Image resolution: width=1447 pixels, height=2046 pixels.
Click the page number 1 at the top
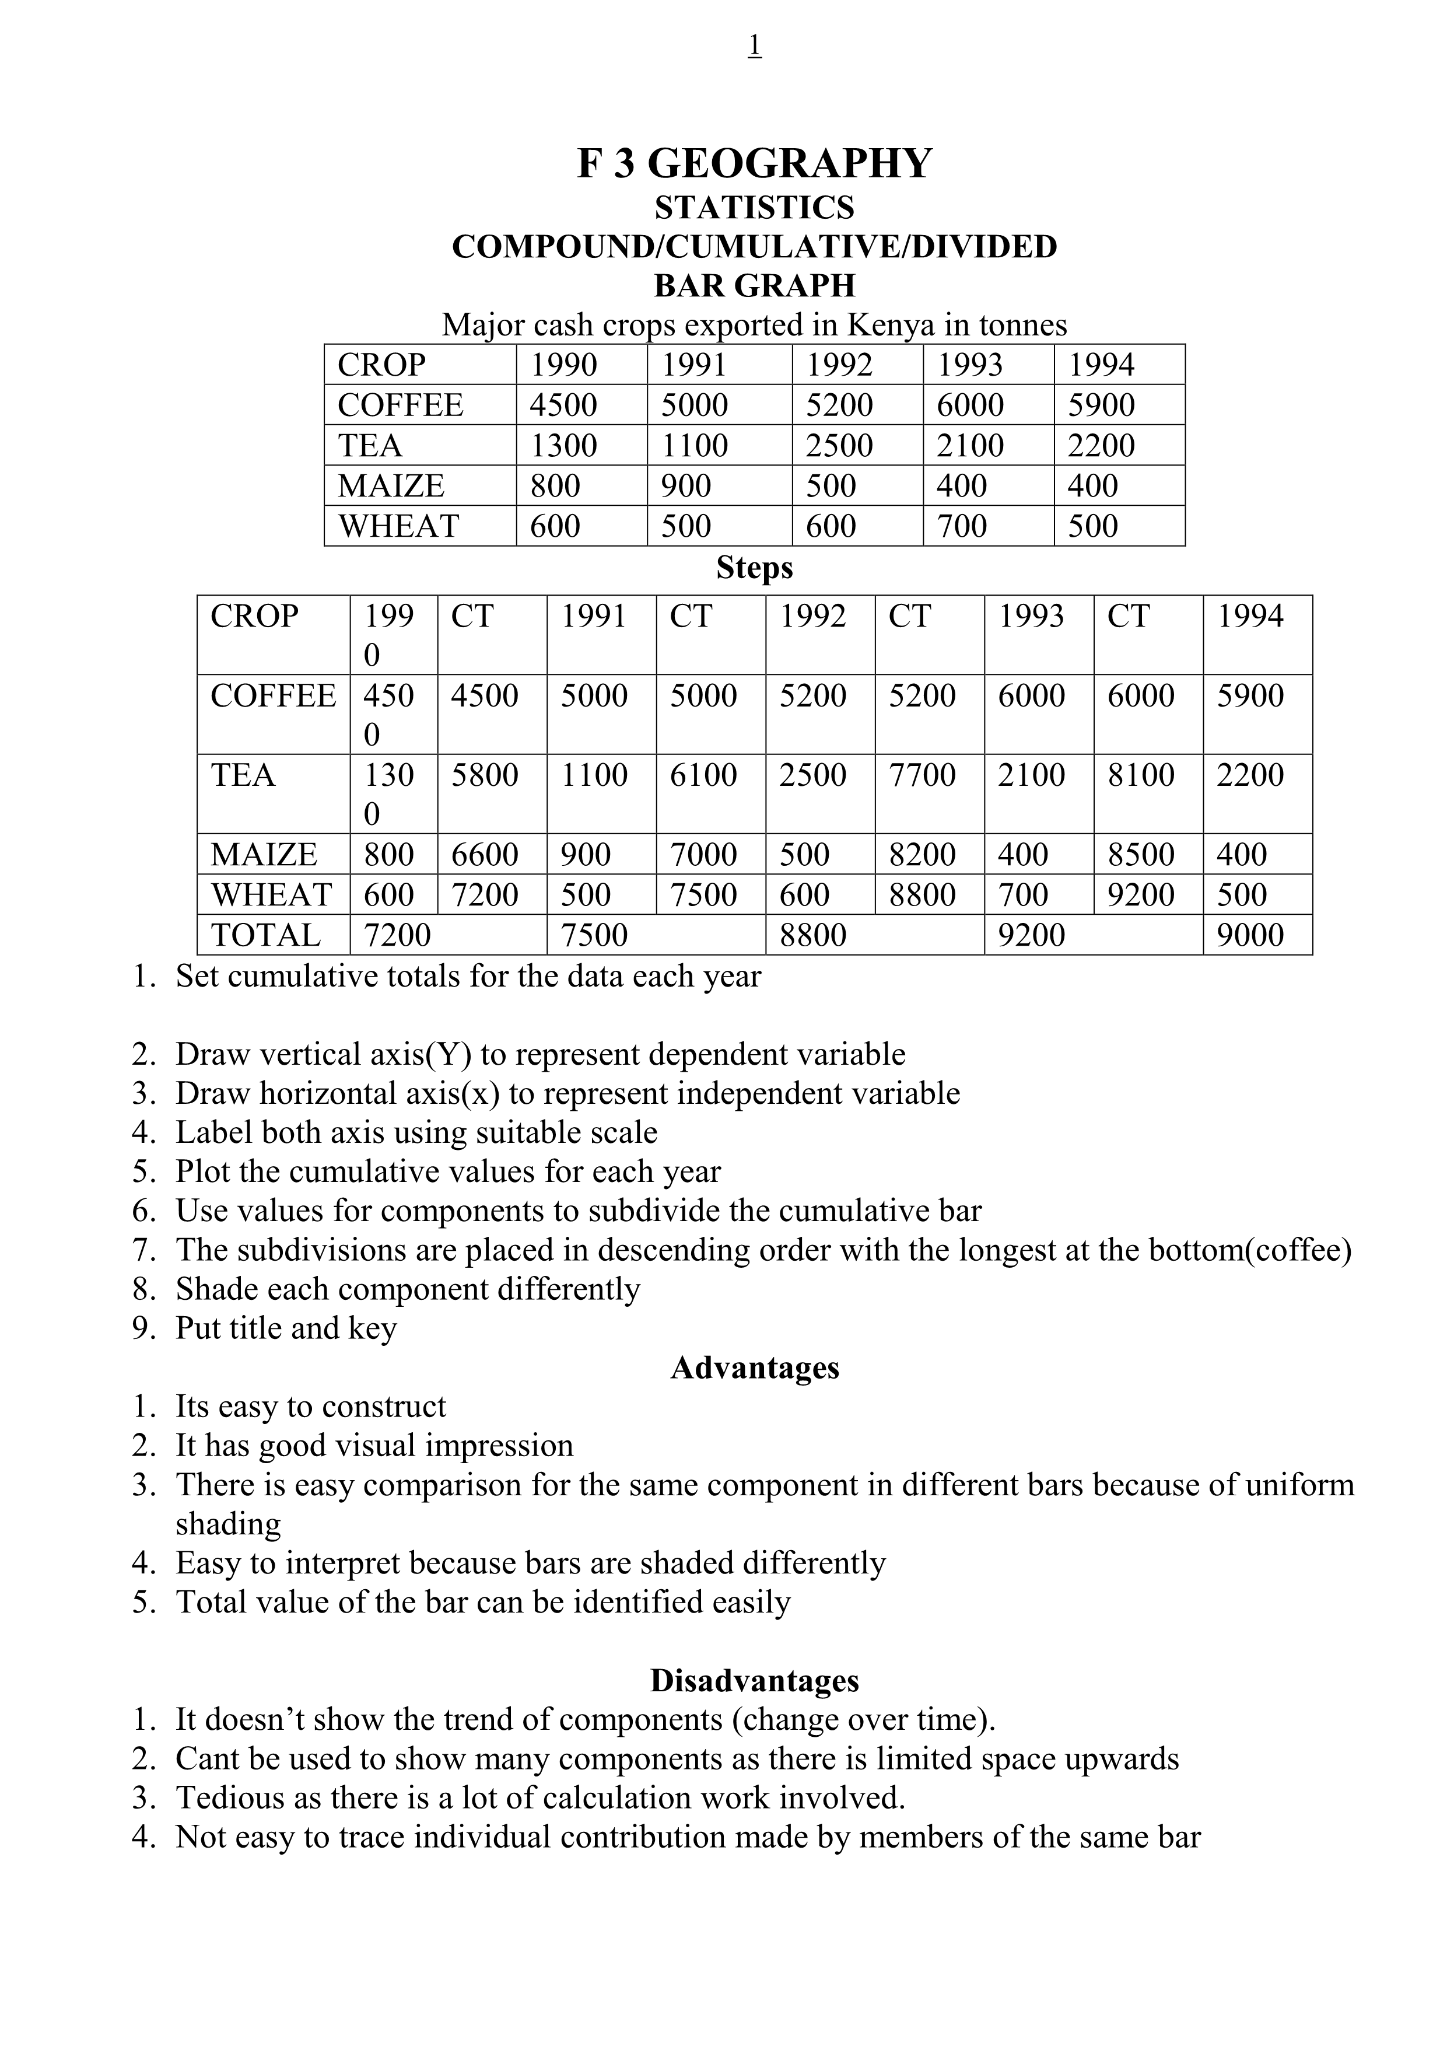coord(755,44)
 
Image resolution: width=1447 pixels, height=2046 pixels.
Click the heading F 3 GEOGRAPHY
coord(755,163)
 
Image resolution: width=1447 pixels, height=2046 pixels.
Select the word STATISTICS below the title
coord(755,208)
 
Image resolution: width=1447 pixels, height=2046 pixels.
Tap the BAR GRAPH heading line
coord(755,285)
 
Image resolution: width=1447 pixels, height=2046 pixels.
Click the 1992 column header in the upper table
coord(839,365)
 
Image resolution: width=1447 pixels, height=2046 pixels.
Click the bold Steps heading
coord(755,568)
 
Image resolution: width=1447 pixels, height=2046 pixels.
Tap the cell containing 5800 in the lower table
coord(485,774)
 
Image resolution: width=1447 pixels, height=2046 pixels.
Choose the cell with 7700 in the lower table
coord(922,774)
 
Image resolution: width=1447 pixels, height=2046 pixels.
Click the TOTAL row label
coord(265,935)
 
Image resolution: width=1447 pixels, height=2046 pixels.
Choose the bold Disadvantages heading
coord(755,1680)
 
